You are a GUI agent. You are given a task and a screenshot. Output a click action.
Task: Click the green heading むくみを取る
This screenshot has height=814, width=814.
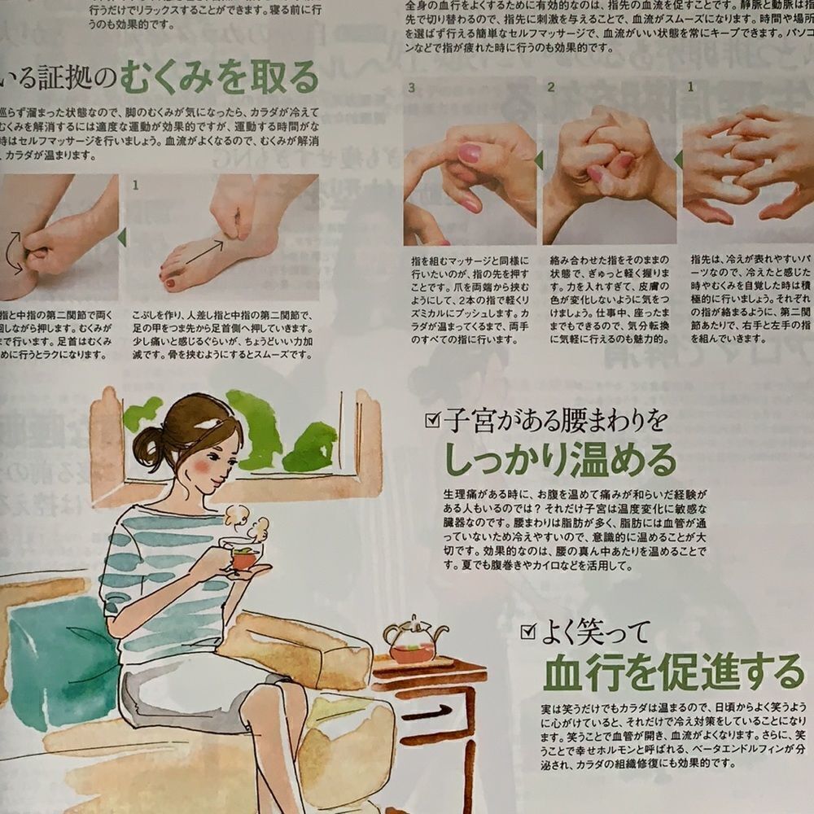click(219, 78)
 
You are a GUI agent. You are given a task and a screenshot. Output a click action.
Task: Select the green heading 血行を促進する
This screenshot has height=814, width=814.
click(673, 672)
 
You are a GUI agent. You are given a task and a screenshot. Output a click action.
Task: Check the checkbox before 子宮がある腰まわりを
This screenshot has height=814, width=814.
click(432, 420)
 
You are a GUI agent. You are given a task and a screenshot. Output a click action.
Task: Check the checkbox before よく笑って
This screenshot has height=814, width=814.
click(527, 630)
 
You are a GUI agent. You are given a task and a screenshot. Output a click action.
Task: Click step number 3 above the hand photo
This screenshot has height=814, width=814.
click(412, 86)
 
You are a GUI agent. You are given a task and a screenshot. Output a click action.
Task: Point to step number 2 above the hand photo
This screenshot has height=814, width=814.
click(551, 86)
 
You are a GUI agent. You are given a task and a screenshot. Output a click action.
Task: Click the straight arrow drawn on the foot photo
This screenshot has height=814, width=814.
click(203, 247)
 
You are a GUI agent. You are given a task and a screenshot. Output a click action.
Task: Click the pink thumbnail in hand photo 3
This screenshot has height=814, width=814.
click(470, 152)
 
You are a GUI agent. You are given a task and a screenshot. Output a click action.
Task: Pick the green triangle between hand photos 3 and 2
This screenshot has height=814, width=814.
click(538, 160)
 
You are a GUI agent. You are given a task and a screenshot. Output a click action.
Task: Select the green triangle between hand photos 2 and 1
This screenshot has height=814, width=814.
click(677, 160)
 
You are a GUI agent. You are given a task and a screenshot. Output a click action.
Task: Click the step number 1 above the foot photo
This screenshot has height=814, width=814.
click(135, 186)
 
